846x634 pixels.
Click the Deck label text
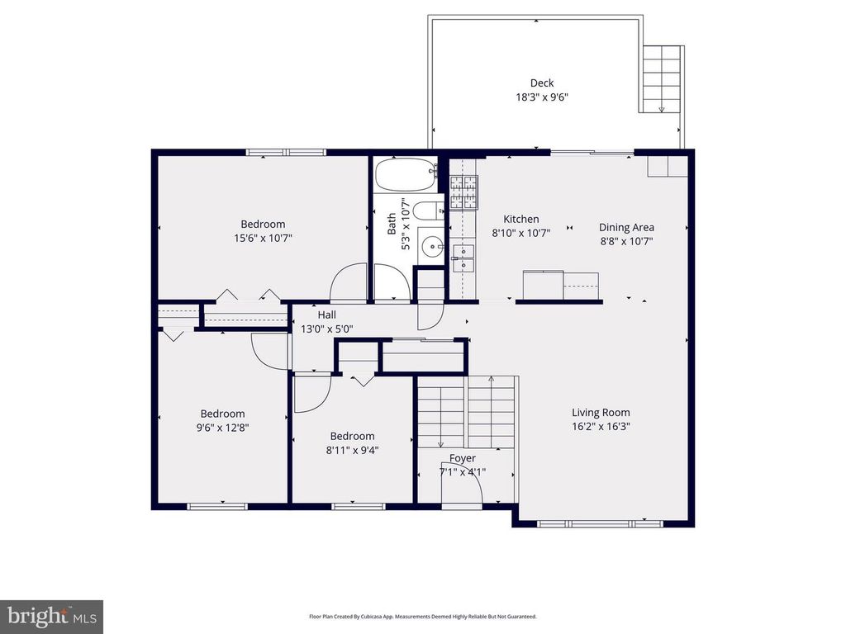[x=542, y=83]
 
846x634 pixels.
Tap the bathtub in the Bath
[x=405, y=175]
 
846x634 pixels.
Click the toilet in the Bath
[x=429, y=212]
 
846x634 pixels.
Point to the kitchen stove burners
[x=463, y=193]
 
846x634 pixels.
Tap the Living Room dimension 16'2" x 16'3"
[x=601, y=427]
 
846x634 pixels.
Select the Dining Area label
[x=626, y=227]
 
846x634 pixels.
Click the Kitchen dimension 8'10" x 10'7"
[x=521, y=233]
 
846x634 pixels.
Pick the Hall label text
[x=327, y=315]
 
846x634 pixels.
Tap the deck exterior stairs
[x=662, y=79]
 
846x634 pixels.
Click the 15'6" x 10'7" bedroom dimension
[x=263, y=238]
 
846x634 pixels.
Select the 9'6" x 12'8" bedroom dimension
[x=222, y=428]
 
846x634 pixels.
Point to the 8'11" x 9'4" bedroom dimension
[x=352, y=450]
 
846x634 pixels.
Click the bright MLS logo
[x=51, y=616]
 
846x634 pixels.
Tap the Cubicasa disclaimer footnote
[x=423, y=617]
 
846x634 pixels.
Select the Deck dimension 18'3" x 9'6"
[x=542, y=97]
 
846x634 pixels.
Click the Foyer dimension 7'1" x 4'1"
[x=463, y=472]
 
